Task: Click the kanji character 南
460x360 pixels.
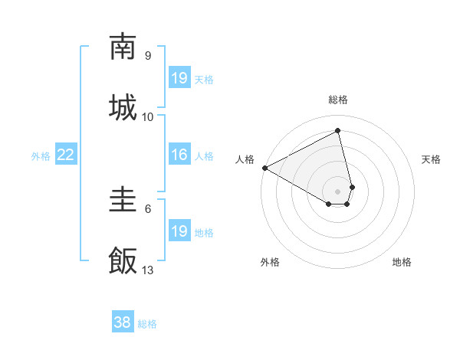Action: pyautogui.click(x=123, y=47)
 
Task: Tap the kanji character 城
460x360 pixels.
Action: pyautogui.click(x=123, y=106)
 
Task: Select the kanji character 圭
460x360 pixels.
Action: pyautogui.click(x=123, y=201)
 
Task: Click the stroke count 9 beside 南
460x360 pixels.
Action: pyautogui.click(x=148, y=56)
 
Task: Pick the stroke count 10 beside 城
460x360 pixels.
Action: pyautogui.click(x=148, y=116)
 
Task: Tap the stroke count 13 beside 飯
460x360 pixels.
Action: pyautogui.click(x=148, y=270)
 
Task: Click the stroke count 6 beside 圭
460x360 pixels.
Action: pyautogui.click(x=148, y=208)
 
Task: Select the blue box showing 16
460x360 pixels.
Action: pyautogui.click(x=179, y=155)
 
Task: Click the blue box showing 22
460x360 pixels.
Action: pyautogui.click(x=66, y=155)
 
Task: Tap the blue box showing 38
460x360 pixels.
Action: pyautogui.click(x=123, y=323)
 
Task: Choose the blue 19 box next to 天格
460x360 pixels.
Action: pyautogui.click(x=179, y=78)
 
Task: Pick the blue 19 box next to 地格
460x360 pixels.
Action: pyautogui.click(x=179, y=232)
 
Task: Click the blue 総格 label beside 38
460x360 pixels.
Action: pyautogui.click(x=147, y=324)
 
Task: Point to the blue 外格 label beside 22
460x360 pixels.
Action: pyautogui.click(x=41, y=156)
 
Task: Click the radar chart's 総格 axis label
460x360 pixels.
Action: pyautogui.click(x=338, y=100)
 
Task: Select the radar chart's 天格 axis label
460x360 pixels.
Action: pyautogui.click(x=432, y=159)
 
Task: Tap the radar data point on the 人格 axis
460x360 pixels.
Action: pyautogui.click(x=264, y=167)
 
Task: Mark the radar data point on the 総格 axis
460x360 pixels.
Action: pyautogui.click(x=338, y=131)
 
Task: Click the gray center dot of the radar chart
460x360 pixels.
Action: pyautogui.click(x=338, y=191)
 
